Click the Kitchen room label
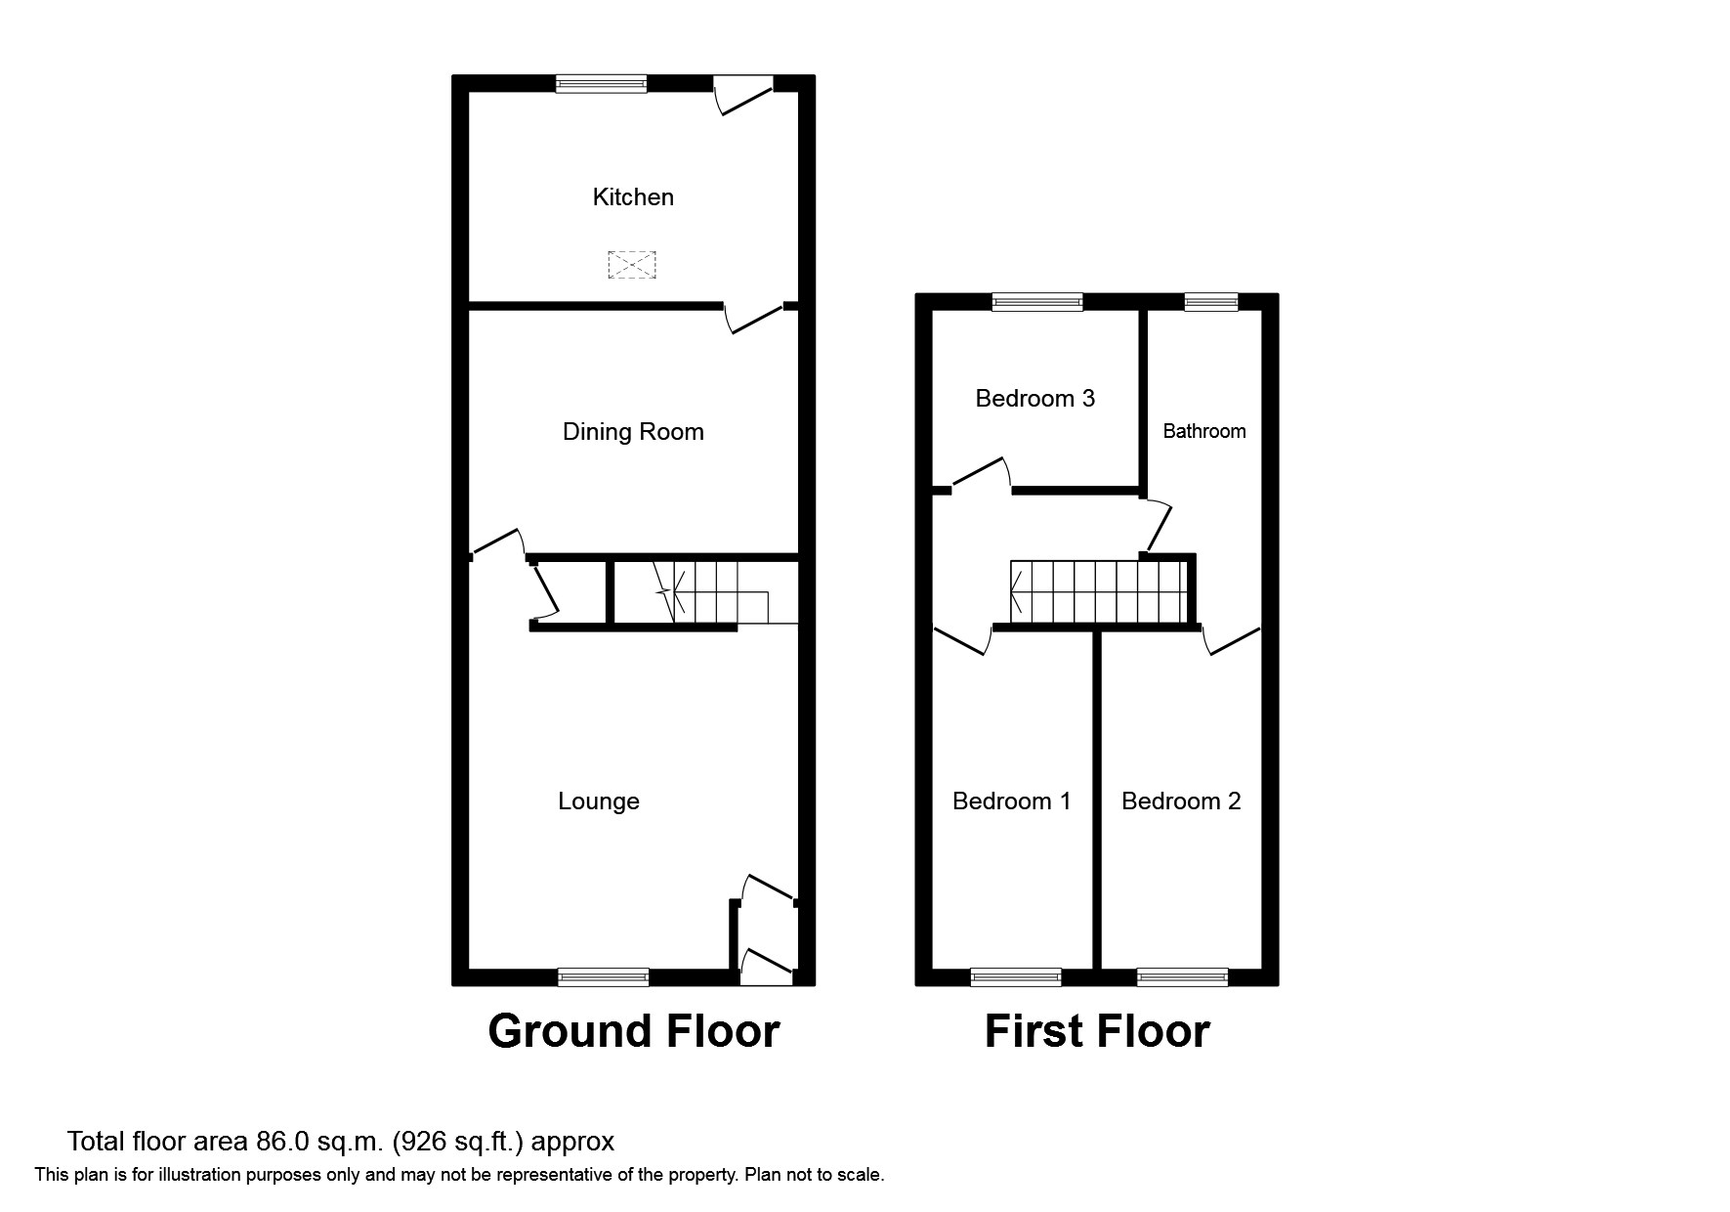(x=633, y=197)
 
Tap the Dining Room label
(x=633, y=432)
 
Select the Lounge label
(x=599, y=801)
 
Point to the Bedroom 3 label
(x=1035, y=399)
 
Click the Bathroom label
(x=1204, y=431)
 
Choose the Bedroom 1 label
(x=1011, y=801)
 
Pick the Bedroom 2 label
(x=1181, y=801)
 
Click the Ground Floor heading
(x=634, y=1031)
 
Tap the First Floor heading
(x=1097, y=1031)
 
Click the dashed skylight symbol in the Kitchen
(x=632, y=265)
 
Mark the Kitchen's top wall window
(x=601, y=84)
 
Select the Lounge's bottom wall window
(x=603, y=976)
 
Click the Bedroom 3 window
(x=1037, y=302)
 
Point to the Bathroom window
(x=1211, y=302)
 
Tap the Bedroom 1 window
(x=1016, y=976)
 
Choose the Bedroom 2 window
(x=1183, y=976)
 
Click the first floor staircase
(x=1099, y=591)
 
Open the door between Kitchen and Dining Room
(x=755, y=318)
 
